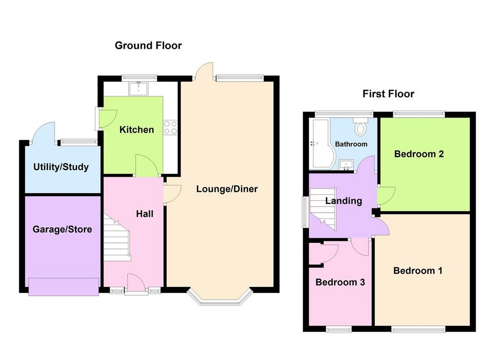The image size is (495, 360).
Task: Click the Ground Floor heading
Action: pos(148,46)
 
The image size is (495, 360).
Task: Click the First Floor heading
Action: pos(388,94)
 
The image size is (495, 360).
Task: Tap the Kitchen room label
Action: pos(137,130)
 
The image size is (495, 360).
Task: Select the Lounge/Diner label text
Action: pos(227,189)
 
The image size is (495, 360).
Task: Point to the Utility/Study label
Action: pos(61,167)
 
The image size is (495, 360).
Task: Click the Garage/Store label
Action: pos(62,230)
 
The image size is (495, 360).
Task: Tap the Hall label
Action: pos(145,214)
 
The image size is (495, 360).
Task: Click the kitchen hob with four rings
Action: pos(170,128)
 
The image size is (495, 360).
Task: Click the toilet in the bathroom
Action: pos(360,126)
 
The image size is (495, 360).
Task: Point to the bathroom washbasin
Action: pos(346,165)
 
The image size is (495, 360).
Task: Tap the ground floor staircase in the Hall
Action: pos(117,238)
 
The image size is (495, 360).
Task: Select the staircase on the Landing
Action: pos(322,209)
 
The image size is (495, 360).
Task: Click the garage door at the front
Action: pos(63,287)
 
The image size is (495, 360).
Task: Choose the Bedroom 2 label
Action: pos(419,154)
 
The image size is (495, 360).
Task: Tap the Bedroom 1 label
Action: pos(418,271)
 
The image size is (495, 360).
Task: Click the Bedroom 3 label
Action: pos(340,282)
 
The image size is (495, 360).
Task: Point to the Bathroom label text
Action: pos(351,144)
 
